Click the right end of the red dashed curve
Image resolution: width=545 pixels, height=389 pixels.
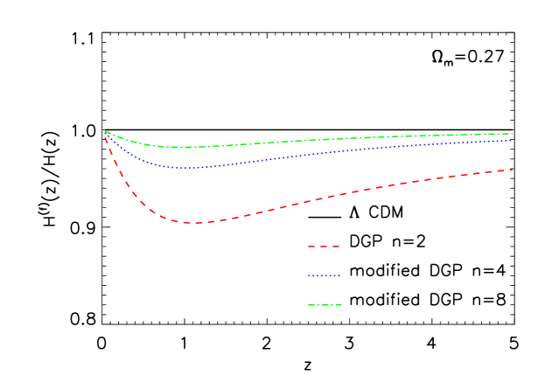point(512,170)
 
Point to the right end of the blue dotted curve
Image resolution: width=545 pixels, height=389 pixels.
point(512,140)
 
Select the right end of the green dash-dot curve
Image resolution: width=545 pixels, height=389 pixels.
point(512,134)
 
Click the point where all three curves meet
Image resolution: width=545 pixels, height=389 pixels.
point(105,132)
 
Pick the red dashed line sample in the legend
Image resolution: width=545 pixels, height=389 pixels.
point(324,247)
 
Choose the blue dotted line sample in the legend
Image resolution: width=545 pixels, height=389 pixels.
point(324,276)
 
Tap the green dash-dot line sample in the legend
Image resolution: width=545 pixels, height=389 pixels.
point(325,305)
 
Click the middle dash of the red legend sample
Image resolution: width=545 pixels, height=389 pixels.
point(324,247)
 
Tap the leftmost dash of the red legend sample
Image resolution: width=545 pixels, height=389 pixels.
point(311,247)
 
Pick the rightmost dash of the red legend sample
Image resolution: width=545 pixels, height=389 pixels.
point(336,247)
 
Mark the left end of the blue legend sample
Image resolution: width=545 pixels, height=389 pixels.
point(309,276)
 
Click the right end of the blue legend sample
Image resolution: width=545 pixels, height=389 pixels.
point(339,276)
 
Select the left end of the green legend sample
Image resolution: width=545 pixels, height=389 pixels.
point(309,305)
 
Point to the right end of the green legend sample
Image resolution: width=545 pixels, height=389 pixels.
point(341,305)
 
